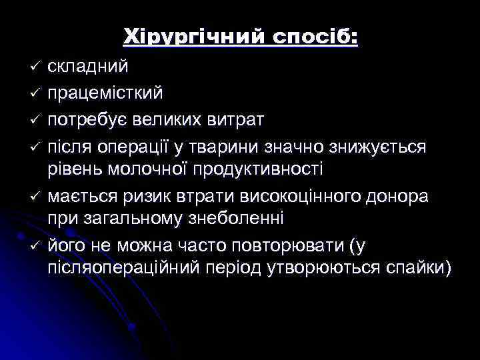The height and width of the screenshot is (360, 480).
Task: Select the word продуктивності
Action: point(259,168)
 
